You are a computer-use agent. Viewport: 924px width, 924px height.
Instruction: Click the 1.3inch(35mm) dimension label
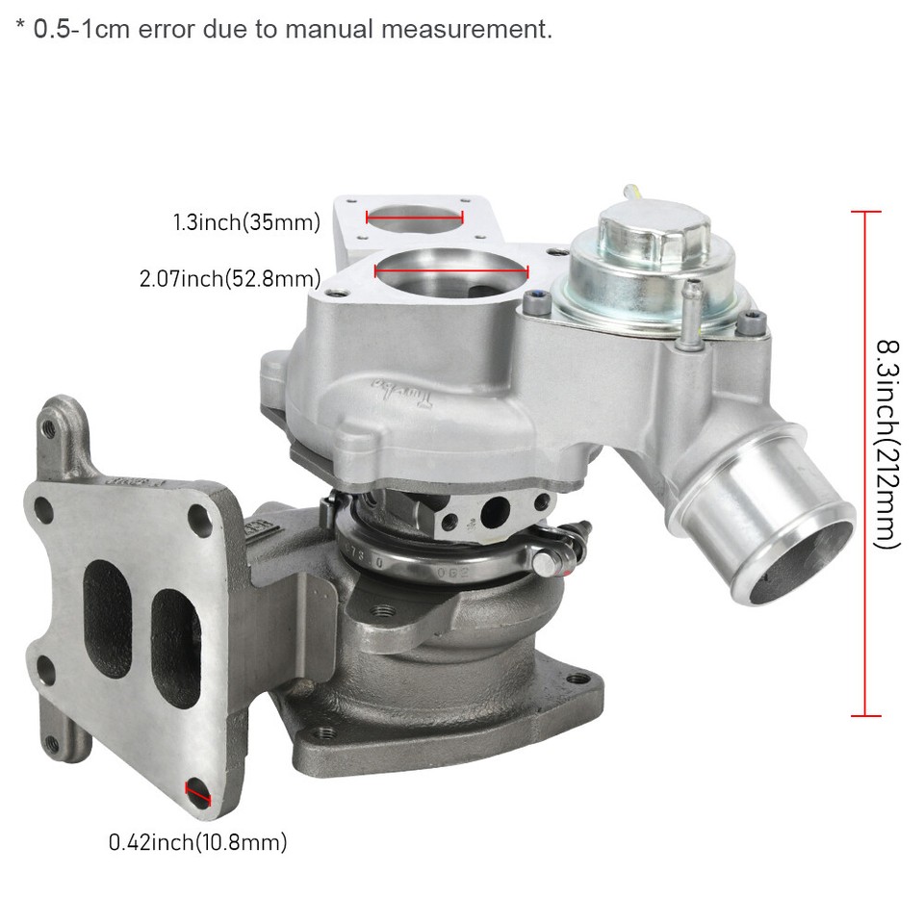click(x=245, y=223)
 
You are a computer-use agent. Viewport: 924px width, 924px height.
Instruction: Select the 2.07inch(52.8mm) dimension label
click(x=229, y=279)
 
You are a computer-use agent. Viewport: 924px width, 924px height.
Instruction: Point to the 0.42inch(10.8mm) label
click(x=197, y=843)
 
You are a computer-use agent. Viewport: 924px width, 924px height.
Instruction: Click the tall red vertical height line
click(x=865, y=462)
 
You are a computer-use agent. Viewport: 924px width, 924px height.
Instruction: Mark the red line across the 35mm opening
click(x=415, y=218)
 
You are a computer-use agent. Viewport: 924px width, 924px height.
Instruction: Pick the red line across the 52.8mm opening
click(x=450, y=273)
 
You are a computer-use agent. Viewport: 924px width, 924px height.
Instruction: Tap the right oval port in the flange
click(x=172, y=629)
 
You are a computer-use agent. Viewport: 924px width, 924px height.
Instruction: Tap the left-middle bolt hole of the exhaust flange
click(x=44, y=664)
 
